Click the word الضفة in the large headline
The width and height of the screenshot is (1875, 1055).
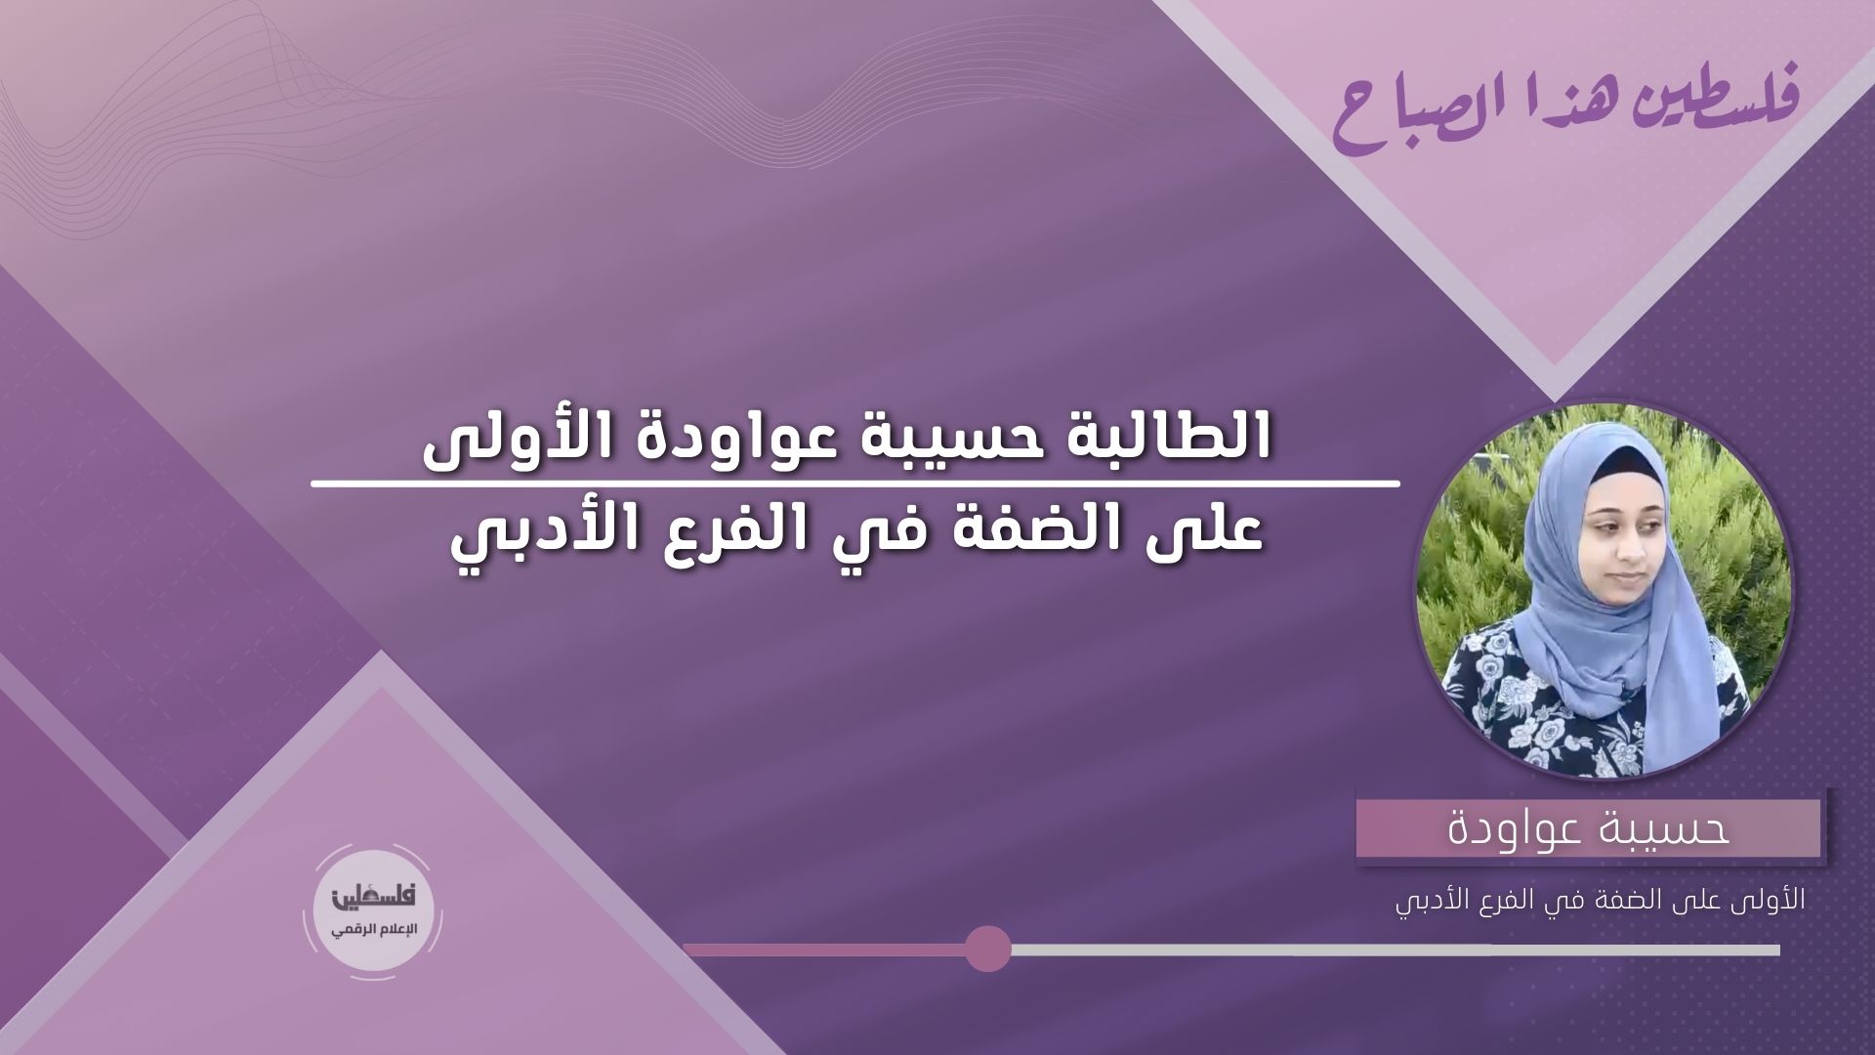click(1062, 536)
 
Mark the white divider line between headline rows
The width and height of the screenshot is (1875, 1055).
click(854, 484)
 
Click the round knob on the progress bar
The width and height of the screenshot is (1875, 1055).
click(988, 949)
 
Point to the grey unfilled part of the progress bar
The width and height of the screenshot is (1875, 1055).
click(1396, 949)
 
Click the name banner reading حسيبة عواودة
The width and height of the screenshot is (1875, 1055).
click(1588, 828)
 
